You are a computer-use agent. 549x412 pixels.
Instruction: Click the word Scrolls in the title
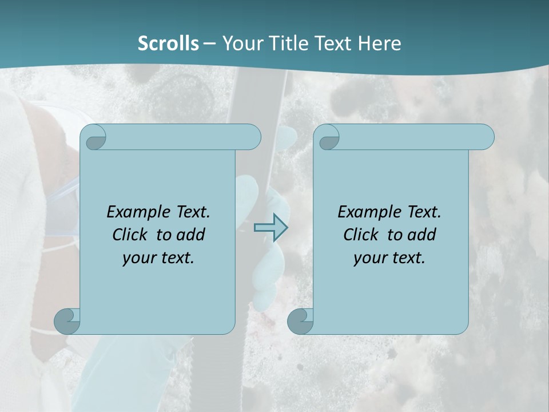point(168,43)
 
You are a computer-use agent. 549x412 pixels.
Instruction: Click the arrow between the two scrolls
point(270,227)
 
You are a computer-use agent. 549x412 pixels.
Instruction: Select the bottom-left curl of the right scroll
point(300,321)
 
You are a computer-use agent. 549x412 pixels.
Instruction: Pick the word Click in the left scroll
point(129,235)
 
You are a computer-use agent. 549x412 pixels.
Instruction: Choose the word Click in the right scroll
point(360,235)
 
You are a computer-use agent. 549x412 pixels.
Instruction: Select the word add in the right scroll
point(423,235)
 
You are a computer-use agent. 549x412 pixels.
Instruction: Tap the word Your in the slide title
point(241,43)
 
